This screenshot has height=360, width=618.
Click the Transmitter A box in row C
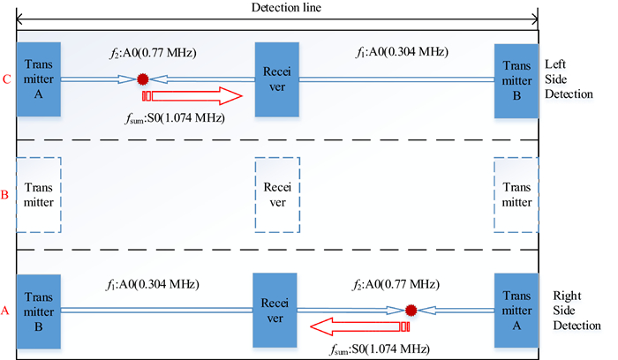(38, 79)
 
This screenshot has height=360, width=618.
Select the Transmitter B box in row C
(516, 79)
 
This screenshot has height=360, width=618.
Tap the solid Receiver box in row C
(278, 79)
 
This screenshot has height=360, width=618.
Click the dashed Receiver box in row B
(277, 194)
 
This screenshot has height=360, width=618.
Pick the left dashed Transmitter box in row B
(38, 194)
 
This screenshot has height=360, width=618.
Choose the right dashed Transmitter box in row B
(516, 194)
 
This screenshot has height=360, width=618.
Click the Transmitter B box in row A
(38, 310)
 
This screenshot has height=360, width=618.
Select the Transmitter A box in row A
(516, 310)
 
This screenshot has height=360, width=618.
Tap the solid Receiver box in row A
(275, 310)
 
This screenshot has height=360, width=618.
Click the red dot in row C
(142, 79)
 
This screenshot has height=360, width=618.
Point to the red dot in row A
(411, 310)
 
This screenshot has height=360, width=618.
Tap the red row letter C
(7, 79)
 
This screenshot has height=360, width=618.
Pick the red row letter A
(7, 311)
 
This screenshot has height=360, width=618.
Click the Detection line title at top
(276, 7)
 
